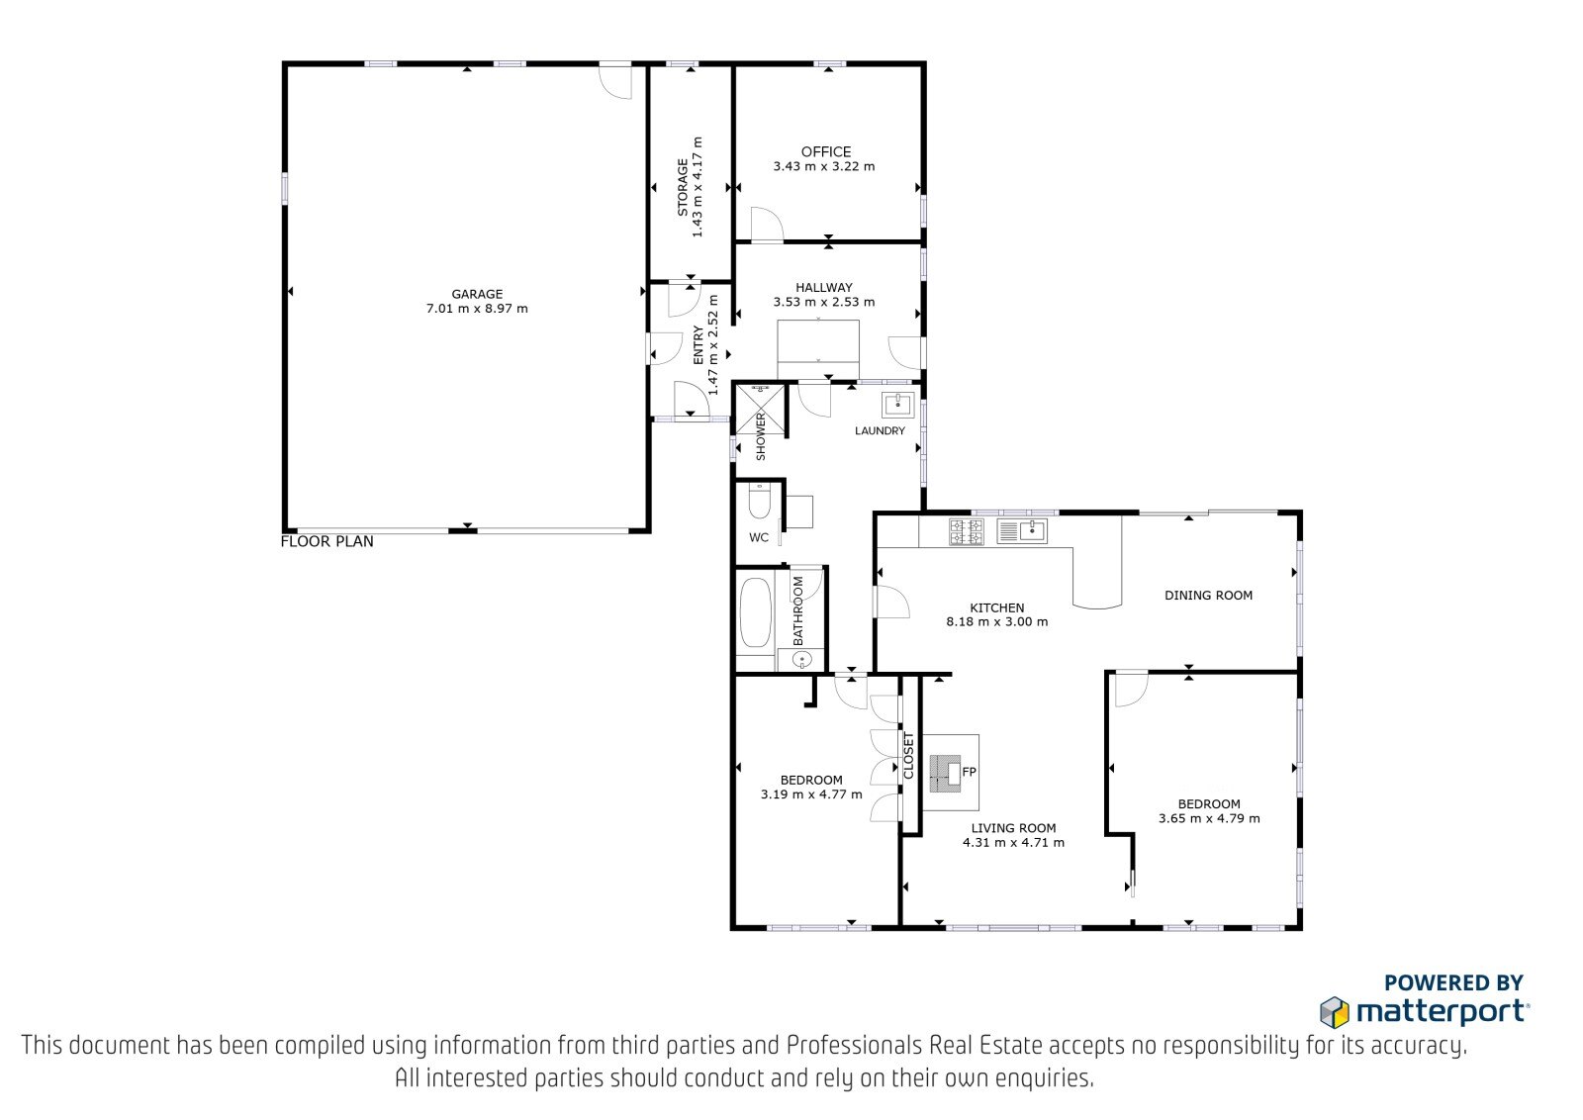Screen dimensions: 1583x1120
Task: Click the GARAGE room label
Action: pos(477,294)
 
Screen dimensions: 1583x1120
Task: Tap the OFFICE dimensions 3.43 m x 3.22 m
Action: pos(824,167)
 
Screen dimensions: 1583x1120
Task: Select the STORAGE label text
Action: pos(683,187)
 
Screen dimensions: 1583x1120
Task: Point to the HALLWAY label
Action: pos(824,288)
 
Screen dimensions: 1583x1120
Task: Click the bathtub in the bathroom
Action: pos(755,612)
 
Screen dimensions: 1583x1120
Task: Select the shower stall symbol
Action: pos(761,409)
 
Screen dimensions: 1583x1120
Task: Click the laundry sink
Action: pos(897,405)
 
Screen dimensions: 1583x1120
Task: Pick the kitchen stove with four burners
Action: pos(966,531)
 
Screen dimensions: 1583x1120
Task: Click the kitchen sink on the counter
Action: pos(1022,530)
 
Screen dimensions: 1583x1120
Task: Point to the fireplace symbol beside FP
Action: pos(946,772)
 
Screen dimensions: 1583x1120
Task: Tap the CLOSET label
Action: pos(909,756)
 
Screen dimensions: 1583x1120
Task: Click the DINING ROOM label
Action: pos(1208,596)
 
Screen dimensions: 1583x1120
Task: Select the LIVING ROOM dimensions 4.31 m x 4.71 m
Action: pos(1013,842)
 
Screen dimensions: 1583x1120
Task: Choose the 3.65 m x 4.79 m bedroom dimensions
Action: pos(1209,818)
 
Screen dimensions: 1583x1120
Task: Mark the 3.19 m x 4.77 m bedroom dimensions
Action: pos(811,794)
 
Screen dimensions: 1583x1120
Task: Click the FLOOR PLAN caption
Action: pos(327,542)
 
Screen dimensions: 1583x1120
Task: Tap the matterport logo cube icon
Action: pos(1335,1011)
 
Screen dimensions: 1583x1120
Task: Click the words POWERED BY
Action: pos(1453,982)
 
